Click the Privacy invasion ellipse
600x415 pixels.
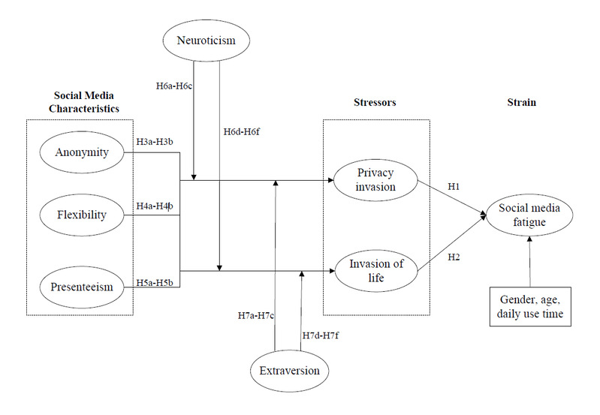click(375, 180)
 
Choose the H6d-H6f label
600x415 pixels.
click(243, 131)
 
